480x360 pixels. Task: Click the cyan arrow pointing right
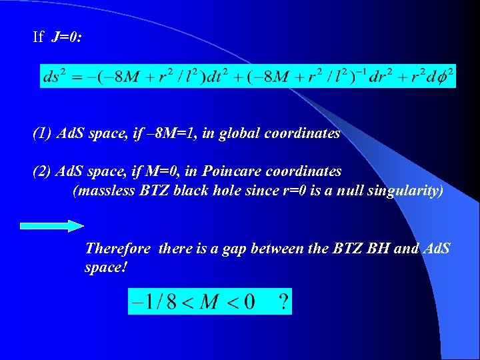[52, 226]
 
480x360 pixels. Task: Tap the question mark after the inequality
[283, 303]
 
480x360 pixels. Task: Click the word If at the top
[38, 37]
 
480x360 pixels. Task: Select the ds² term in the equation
[54, 76]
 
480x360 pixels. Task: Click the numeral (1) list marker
[42, 133]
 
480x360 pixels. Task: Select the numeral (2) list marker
[42, 171]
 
